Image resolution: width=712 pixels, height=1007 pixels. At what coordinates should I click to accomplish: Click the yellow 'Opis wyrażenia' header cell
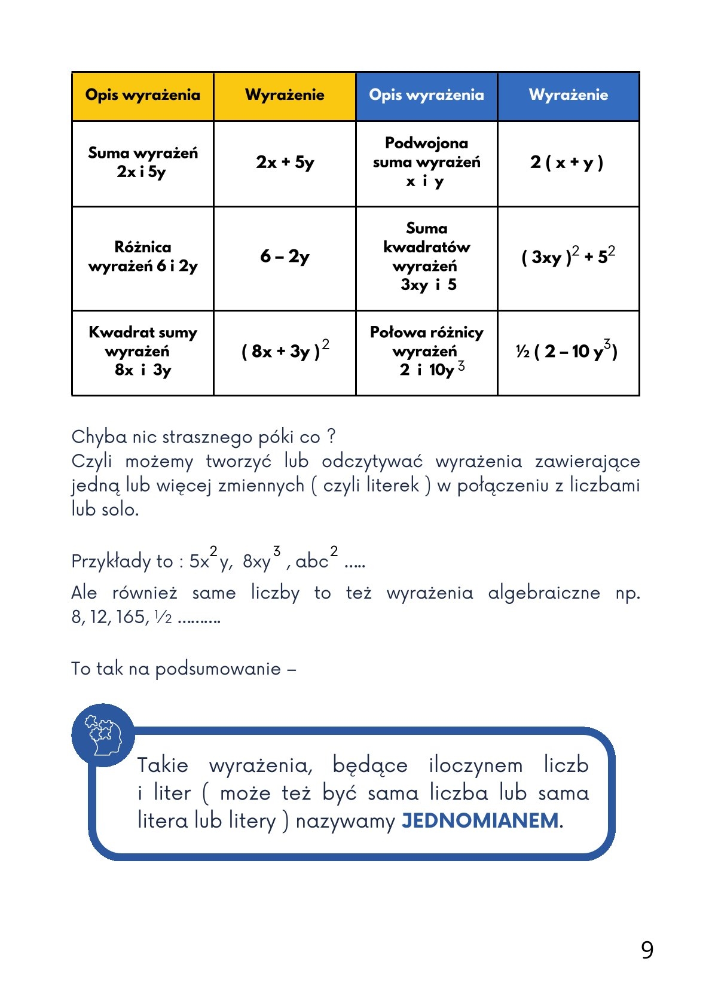142,96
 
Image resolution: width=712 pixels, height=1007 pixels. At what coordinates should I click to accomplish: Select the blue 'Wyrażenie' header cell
568,96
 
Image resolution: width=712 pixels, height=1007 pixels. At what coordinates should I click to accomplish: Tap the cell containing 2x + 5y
285,163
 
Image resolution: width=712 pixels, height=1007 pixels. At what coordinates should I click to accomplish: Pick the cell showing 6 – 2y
285,257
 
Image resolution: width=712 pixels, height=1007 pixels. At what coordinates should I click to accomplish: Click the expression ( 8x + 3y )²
285,351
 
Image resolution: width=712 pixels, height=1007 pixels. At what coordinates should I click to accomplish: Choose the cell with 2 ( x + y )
567,163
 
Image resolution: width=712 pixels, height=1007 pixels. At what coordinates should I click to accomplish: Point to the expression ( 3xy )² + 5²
568,257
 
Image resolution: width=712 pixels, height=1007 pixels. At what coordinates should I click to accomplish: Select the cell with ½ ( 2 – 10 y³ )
566,351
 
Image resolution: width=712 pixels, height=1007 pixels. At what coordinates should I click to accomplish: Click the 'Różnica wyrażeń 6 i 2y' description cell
142,257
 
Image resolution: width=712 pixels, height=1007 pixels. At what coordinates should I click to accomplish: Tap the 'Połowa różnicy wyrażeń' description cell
426,351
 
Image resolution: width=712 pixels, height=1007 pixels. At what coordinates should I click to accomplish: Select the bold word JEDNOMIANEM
480,820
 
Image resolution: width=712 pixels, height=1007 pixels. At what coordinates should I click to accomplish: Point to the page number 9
647,950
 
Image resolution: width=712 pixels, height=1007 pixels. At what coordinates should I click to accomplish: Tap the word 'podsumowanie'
218,669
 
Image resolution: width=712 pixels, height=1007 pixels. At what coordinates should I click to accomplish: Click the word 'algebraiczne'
544,593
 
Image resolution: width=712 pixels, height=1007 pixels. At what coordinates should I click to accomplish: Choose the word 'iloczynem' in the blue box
476,765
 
